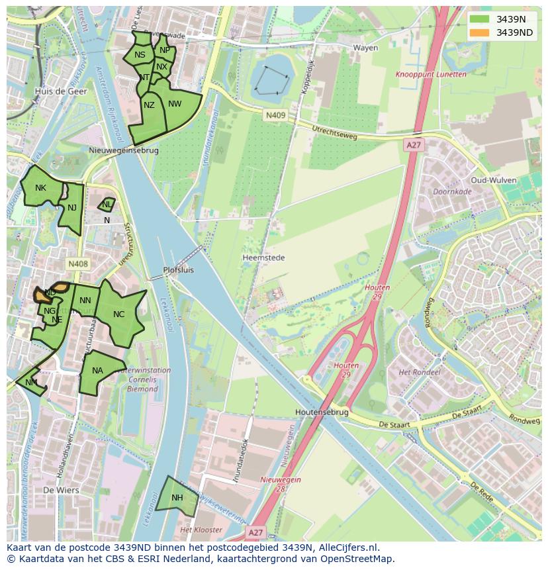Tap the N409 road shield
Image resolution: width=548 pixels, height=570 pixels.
click(x=275, y=115)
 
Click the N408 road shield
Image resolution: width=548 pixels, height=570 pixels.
click(x=77, y=264)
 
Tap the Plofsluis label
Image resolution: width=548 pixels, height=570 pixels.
click(x=178, y=270)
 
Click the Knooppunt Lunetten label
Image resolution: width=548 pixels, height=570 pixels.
click(x=431, y=75)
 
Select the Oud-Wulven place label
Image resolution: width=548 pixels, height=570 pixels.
click(x=492, y=180)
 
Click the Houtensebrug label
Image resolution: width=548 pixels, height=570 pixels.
click(x=322, y=412)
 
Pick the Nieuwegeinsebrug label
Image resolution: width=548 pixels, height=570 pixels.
click(x=124, y=150)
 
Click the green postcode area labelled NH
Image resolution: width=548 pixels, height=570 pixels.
click(x=177, y=498)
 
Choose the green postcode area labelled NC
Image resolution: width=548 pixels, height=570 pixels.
click(x=119, y=314)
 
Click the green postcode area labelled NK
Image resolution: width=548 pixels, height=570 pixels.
click(x=41, y=188)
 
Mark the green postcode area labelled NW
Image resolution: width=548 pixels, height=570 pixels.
click(x=175, y=104)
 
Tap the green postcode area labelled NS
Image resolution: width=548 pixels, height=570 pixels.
click(x=140, y=55)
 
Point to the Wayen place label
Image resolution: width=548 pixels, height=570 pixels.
click(x=365, y=48)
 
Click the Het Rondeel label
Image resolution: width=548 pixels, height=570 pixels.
click(x=419, y=373)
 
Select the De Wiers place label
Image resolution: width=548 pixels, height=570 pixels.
click(x=61, y=491)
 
